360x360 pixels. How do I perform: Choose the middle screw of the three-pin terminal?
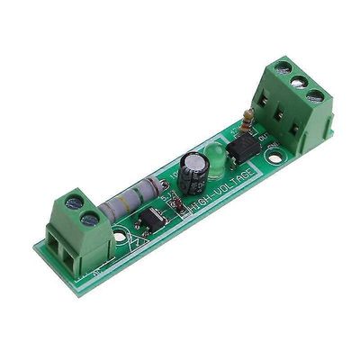coord(298,81)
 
